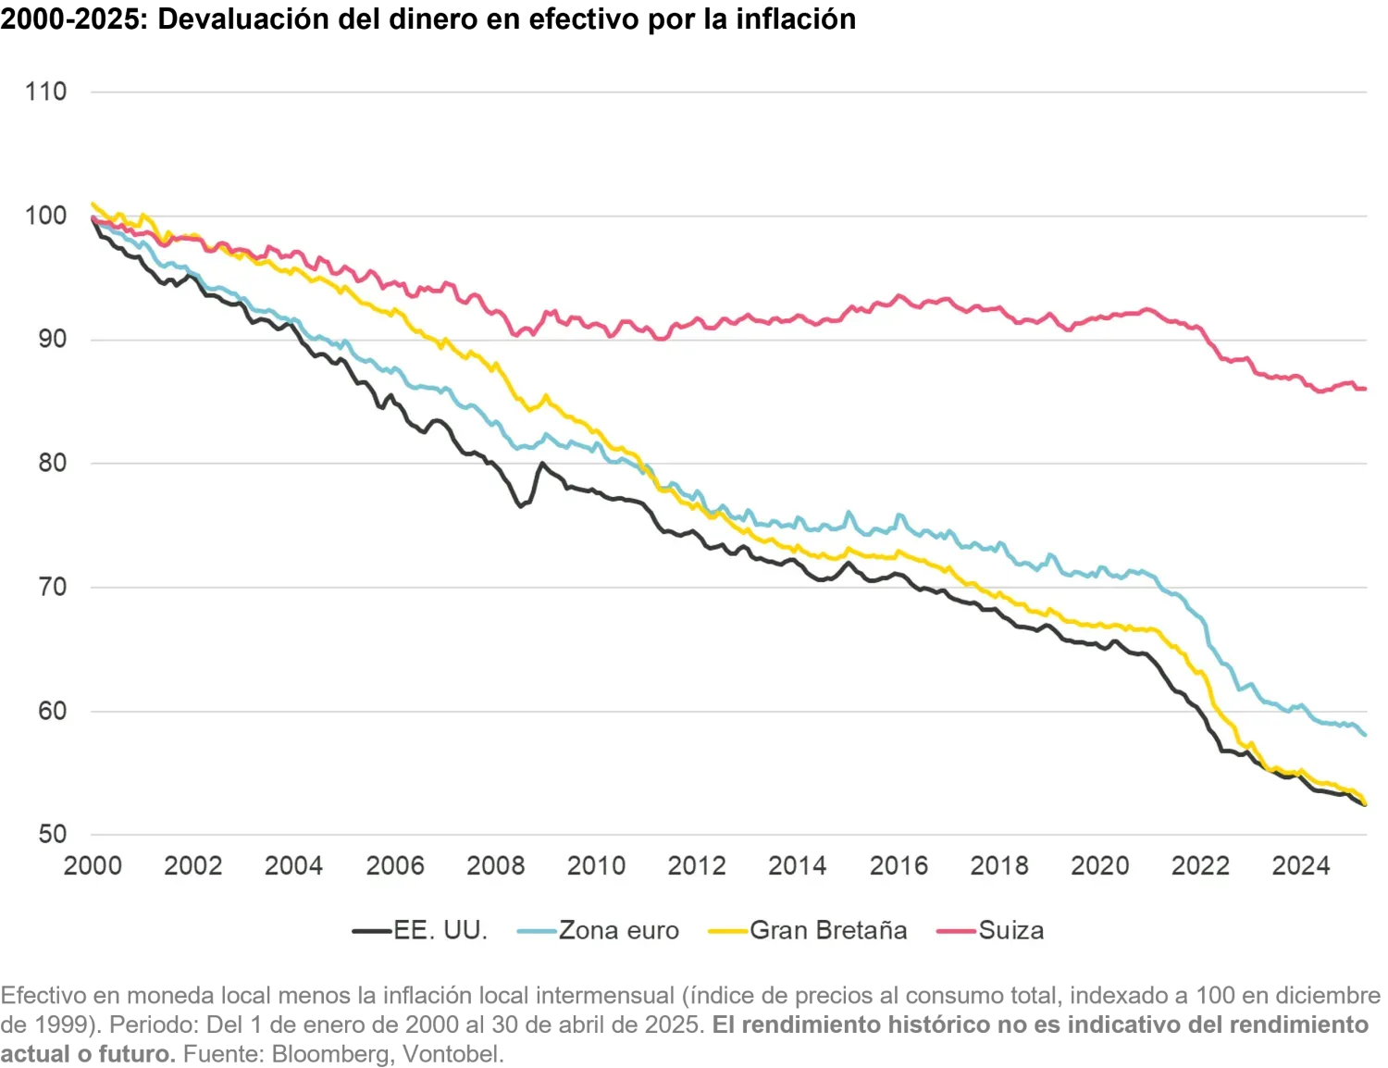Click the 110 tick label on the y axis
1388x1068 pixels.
(45, 92)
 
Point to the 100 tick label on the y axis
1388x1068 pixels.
(45, 216)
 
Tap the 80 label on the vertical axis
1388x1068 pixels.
(52, 463)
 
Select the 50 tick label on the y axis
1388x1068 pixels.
(52, 834)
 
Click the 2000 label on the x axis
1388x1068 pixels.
(93, 865)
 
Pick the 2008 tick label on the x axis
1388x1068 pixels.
(495, 865)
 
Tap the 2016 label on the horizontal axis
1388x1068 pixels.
(898, 865)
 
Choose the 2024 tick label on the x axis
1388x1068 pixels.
(1301, 865)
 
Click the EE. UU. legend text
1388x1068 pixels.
(440, 930)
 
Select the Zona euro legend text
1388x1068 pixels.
(618, 930)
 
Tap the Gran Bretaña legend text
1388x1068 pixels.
(828, 930)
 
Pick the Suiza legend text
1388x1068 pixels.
(1010, 930)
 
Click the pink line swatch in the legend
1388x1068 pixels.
(956, 931)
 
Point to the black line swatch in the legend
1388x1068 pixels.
(372, 931)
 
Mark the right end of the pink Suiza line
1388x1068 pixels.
(1366, 389)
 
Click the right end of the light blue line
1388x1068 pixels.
(1366, 735)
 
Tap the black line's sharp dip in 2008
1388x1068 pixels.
(520, 506)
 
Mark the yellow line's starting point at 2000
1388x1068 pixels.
(93, 204)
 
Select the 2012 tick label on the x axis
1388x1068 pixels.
(697, 865)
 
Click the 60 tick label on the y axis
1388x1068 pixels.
(52, 711)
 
